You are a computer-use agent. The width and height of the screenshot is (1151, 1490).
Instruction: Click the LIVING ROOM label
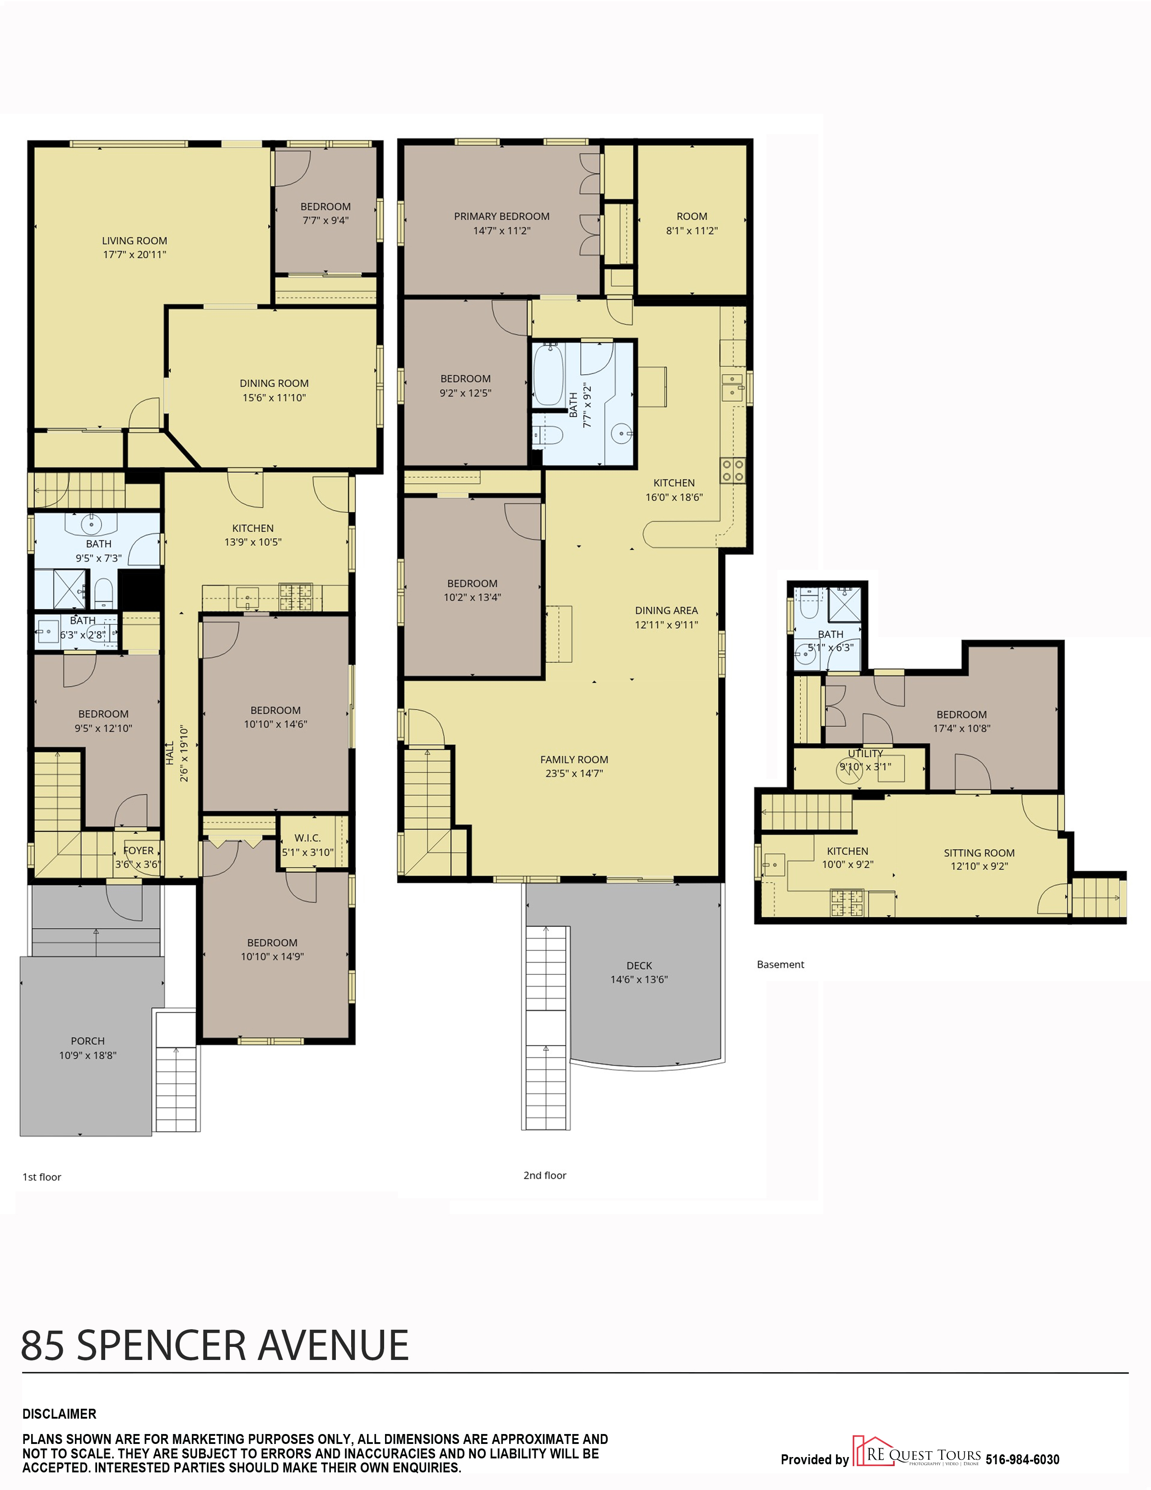[135, 241]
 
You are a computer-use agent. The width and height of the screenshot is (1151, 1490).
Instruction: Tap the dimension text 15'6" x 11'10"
[274, 398]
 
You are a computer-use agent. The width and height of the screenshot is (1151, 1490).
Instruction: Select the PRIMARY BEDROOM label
[502, 216]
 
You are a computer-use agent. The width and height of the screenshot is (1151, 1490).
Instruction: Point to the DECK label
[639, 965]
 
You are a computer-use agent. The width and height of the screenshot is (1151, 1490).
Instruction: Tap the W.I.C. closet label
[307, 838]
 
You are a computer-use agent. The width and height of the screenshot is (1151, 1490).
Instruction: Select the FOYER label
[139, 851]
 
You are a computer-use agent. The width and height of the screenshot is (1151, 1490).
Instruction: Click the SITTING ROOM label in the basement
[979, 853]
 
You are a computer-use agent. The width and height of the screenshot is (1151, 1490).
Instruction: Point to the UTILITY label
[865, 753]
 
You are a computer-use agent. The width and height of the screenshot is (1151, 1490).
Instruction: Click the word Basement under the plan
[781, 964]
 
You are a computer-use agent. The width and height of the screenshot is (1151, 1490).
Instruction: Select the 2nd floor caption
[545, 1175]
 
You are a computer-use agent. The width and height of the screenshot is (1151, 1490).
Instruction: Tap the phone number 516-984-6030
[1022, 1459]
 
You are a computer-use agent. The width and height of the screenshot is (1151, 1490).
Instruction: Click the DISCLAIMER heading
[59, 1414]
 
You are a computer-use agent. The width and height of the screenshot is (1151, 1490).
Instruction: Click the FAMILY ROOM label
[574, 759]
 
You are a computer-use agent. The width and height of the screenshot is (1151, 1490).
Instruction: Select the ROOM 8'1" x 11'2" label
[692, 223]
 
